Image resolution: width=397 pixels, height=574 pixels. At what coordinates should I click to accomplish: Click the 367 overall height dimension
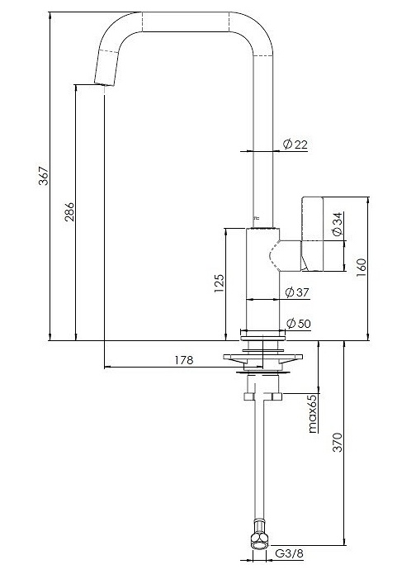44,176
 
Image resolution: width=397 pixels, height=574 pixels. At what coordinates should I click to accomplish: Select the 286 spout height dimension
69,212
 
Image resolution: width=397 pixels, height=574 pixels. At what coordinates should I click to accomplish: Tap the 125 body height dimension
220,283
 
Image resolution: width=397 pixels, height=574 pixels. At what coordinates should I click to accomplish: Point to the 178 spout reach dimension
184,360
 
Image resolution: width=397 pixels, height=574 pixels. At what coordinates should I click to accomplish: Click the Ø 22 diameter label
295,145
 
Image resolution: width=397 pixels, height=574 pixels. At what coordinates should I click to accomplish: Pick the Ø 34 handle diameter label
337,224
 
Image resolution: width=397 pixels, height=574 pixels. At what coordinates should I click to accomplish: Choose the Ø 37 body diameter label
297,292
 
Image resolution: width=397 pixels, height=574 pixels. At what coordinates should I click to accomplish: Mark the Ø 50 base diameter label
298,324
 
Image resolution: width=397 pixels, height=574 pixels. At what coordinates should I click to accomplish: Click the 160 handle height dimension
361,268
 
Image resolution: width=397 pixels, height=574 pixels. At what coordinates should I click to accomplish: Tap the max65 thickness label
313,414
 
